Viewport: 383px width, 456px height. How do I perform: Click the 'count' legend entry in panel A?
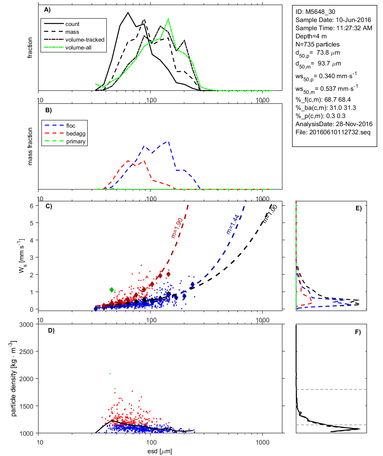click(72, 24)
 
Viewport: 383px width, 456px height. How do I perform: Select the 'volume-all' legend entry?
click(78, 48)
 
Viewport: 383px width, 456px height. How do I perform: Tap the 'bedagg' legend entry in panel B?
click(76, 134)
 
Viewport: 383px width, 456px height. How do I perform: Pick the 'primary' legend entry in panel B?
click(76, 142)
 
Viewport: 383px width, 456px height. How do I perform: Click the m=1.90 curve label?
click(177, 228)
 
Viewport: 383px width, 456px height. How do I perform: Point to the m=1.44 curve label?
click(233, 224)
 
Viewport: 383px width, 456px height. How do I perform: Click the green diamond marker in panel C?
click(112, 290)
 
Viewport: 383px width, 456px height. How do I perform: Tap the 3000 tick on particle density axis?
click(26, 325)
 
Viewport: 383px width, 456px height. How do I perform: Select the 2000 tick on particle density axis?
click(26, 379)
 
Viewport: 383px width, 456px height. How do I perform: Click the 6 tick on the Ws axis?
click(31, 206)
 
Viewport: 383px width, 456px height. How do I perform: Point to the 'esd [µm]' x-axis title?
click(160, 451)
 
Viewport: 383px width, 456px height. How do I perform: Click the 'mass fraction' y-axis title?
click(30, 146)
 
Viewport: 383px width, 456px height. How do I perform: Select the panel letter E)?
click(358, 208)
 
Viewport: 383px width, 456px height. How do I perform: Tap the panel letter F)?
click(358, 332)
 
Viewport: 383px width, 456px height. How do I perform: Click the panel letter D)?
click(51, 330)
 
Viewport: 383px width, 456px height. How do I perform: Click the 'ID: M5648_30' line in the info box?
click(315, 12)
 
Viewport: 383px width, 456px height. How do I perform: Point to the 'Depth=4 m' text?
click(311, 36)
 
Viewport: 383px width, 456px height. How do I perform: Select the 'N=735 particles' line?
click(317, 44)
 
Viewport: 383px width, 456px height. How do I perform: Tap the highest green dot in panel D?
click(110, 374)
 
